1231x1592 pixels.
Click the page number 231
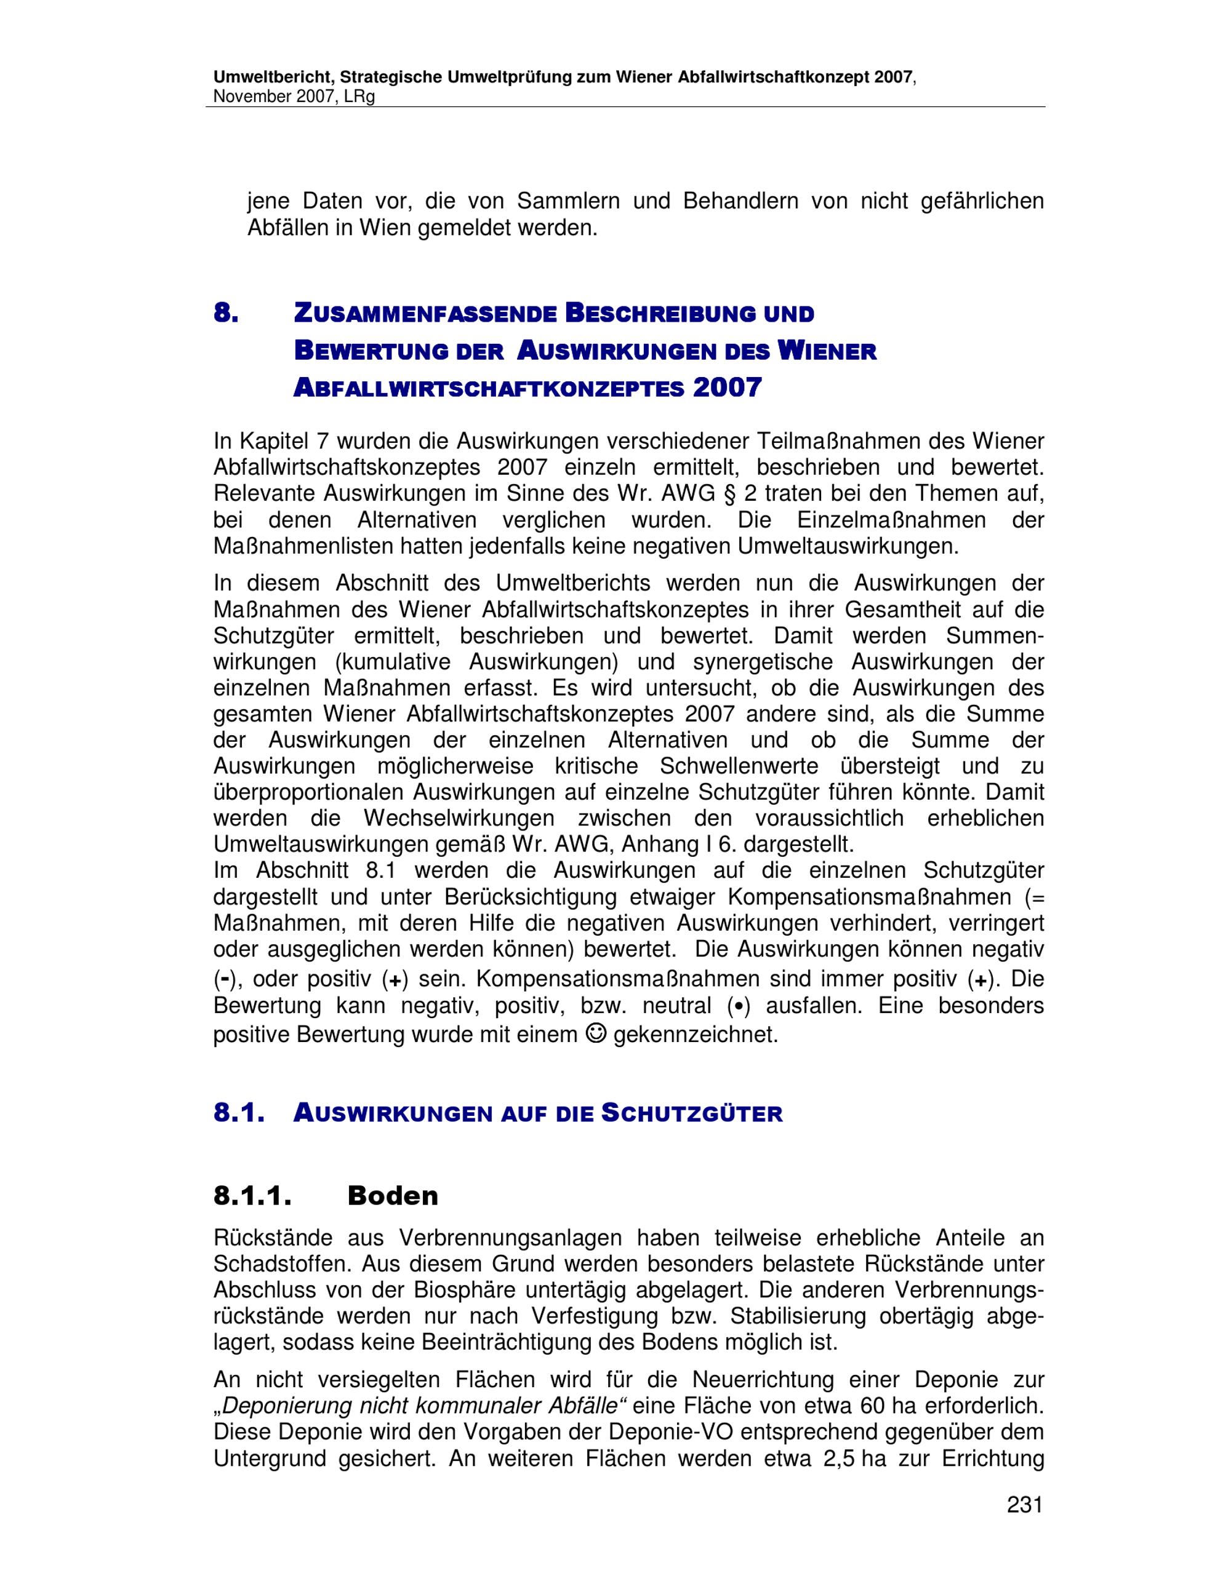point(1025,1505)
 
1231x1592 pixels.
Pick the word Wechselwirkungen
point(459,818)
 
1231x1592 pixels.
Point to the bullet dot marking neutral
point(740,1006)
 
